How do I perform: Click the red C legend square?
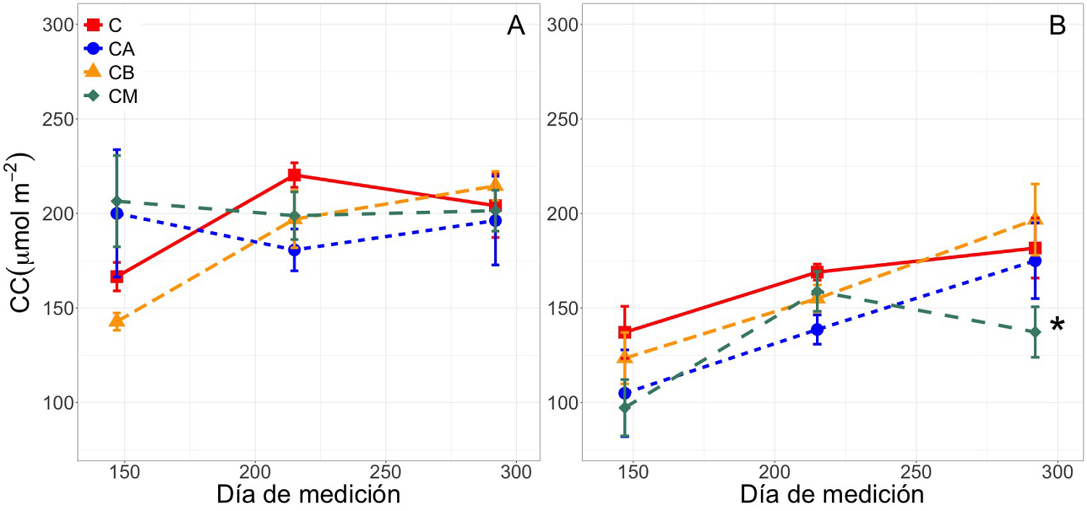[x=93, y=25]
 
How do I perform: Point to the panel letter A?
[x=515, y=26]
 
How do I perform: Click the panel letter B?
[x=1057, y=26]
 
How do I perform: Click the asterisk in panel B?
[x=1057, y=325]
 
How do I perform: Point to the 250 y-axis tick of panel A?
[x=60, y=119]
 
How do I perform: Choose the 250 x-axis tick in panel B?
[x=915, y=472]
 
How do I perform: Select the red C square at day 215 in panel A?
[x=294, y=175]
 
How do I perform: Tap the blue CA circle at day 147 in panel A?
[x=117, y=213]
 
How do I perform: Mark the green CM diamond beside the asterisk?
[x=1035, y=332]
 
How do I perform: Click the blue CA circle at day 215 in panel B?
[x=817, y=329]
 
